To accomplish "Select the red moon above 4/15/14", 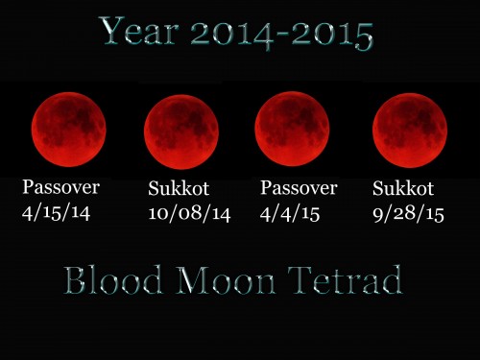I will point(68,129).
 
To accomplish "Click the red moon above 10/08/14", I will point(181,132).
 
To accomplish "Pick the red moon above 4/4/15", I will point(292,129).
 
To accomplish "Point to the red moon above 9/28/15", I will point(410,131).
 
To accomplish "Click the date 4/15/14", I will point(56,212).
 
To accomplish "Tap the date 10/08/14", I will point(190,213).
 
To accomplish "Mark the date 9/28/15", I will point(408,213).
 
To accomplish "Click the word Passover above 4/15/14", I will point(61,187).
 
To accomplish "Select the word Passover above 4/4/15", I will point(299,187).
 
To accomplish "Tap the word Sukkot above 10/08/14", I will point(180,189).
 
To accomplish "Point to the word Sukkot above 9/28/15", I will point(404,189).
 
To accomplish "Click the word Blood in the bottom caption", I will point(108,280).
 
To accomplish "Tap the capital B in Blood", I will point(76,280).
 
